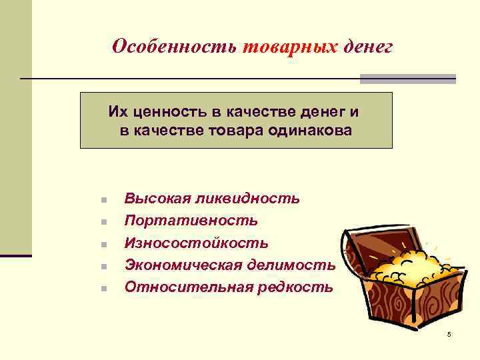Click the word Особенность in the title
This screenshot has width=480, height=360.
175,47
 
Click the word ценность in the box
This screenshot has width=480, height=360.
164,111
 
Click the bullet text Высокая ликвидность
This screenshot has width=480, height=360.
212,199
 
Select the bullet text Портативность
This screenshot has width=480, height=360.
191,221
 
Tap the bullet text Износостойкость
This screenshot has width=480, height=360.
196,243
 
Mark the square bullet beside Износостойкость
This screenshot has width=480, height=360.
103,245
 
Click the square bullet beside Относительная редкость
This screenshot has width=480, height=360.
103,289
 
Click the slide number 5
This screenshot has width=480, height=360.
449,333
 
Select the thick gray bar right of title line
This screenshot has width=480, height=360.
407,79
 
